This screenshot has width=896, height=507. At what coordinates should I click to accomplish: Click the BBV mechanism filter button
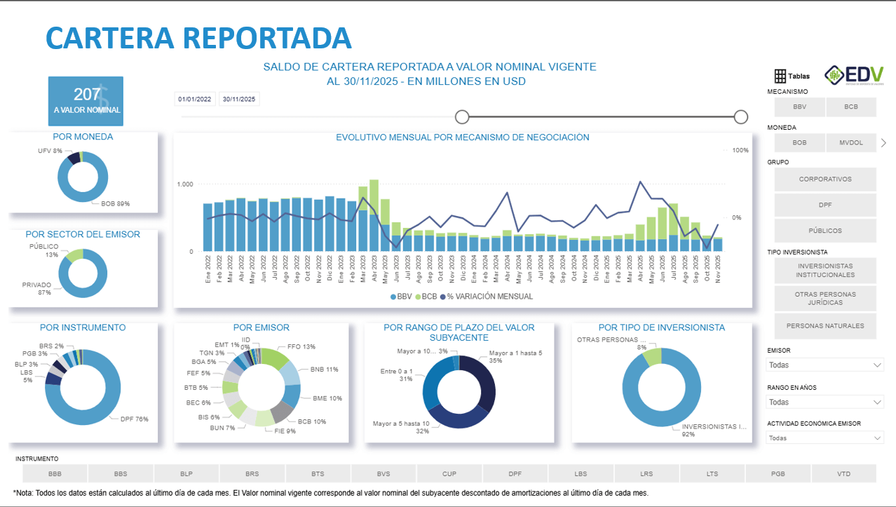coord(799,107)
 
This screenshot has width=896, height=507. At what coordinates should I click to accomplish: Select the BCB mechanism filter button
coord(850,107)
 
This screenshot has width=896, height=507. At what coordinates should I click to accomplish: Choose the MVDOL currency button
coord(850,142)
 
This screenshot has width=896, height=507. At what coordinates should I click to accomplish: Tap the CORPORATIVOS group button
coord(825,180)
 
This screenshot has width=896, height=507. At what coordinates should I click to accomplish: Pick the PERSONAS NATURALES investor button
coord(825,326)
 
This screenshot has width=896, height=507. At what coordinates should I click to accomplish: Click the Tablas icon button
coord(792,76)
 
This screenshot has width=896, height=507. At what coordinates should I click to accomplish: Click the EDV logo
coord(854,75)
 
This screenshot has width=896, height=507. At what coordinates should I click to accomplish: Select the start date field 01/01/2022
coord(194,100)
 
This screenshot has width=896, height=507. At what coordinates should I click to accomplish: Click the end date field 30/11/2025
coord(239,100)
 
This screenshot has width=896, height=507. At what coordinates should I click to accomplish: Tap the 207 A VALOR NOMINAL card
coord(86,101)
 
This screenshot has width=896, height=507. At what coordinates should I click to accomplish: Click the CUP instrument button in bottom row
coord(449,474)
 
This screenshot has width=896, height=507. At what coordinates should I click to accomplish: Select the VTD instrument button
coord(843,474)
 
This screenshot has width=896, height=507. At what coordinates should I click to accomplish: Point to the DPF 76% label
coord(135,419)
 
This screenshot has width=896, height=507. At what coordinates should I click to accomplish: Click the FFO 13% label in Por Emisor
coord(301,346)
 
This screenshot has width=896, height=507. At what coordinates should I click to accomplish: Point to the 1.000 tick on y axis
coord(185,184)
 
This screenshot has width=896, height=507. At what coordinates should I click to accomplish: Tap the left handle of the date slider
coord(462,116)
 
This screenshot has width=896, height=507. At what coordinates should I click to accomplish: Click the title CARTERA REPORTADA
coord(198,37)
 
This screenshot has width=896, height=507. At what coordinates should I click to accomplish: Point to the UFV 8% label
coord(50,151)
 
